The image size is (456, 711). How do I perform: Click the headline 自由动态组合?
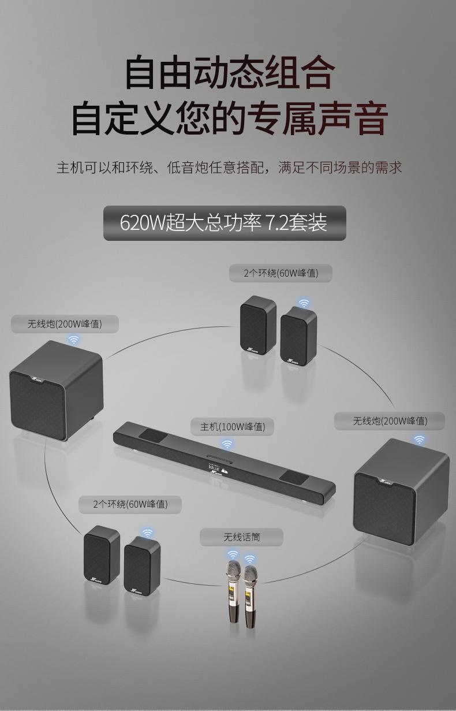point(229,72)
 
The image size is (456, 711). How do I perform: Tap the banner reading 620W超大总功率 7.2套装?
point(225,223)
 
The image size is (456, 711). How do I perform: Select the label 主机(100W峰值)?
point(233,427)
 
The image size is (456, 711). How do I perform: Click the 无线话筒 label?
point(242,537)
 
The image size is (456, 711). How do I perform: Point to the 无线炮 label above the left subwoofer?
point(65,324)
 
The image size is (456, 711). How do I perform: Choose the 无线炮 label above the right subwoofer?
point(390,421)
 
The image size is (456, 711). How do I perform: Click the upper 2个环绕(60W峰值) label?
point(281,273)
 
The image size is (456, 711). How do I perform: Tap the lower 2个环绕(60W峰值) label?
point(130,504)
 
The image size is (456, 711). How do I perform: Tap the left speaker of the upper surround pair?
point(258,325)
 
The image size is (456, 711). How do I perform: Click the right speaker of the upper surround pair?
point(298,336)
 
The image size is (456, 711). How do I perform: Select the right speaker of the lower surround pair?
point(142,564)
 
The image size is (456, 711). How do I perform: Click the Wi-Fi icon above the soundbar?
point(227,444)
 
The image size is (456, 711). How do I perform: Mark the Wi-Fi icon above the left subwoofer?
point(73,340)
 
